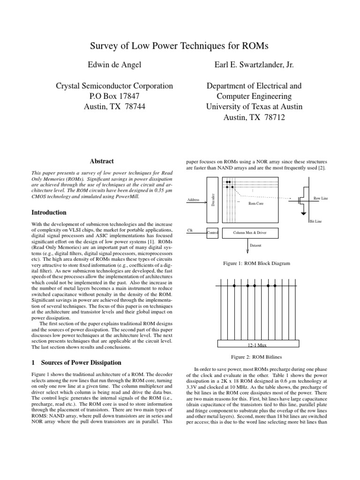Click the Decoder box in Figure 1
coord(212,201)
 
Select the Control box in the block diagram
coord(212,232)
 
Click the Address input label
coord(193,200)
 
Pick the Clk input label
coord(190,230)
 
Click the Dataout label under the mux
coord(249,245)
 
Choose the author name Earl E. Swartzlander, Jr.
coord(254,65)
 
